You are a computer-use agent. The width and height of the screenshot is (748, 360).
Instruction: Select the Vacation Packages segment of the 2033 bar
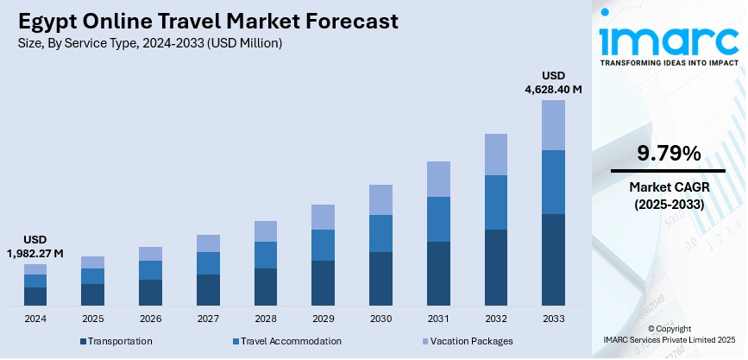point(553,125)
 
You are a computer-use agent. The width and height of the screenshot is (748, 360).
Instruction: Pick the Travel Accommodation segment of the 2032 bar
point(495,203)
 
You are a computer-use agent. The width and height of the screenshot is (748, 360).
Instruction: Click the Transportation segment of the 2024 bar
point(35,296)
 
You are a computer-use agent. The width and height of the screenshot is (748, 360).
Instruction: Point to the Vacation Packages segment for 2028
point(265,231)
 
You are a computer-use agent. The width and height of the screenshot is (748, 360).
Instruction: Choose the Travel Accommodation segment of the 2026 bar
point(150,270)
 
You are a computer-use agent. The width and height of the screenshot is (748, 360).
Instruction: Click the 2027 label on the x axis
point(208,319)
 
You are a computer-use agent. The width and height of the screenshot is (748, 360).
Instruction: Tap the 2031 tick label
point(438,319)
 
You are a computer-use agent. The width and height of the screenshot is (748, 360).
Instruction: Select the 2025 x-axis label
point(92,319)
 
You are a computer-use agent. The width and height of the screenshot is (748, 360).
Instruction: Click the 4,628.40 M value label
point(553,89)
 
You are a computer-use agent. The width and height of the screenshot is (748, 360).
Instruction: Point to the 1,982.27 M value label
point(35,254)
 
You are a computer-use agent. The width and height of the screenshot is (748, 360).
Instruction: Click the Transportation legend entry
point(116,341)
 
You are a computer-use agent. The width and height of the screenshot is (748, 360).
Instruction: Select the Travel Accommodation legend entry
point(286,341)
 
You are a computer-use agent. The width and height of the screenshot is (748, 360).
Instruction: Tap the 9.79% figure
point(669,155)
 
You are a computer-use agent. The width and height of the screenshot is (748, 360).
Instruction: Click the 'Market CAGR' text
point(669,186)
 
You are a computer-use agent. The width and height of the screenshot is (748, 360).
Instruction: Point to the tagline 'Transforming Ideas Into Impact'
point(669,63)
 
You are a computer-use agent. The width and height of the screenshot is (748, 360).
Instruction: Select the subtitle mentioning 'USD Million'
point(149,42)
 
